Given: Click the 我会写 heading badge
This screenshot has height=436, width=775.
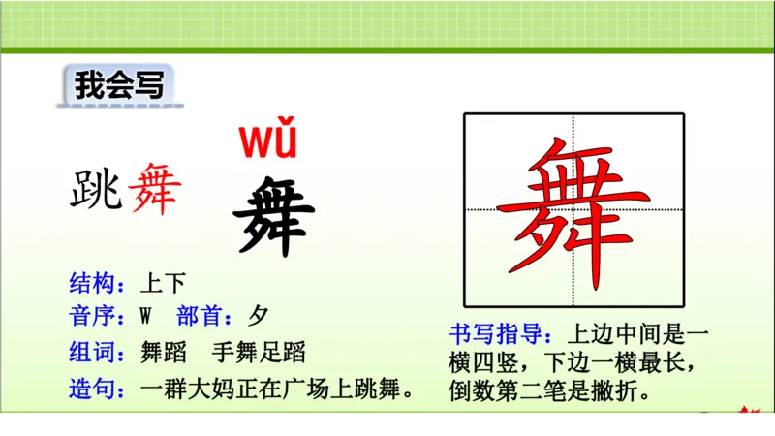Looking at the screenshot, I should tap(119, 85).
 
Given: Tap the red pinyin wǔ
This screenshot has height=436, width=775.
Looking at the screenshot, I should tap(268, 141).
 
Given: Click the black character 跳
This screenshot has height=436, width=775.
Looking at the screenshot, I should tap(95, 189).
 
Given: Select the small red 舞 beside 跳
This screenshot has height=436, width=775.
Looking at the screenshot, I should tap(153, 189).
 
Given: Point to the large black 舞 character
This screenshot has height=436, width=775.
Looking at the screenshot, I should tap(274, 214).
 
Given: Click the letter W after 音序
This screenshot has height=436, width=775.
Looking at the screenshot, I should tap(147, 317).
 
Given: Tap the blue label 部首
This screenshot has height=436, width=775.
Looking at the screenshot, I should tap(205, 317).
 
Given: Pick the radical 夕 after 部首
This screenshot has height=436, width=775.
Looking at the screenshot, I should tap(258, 317).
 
